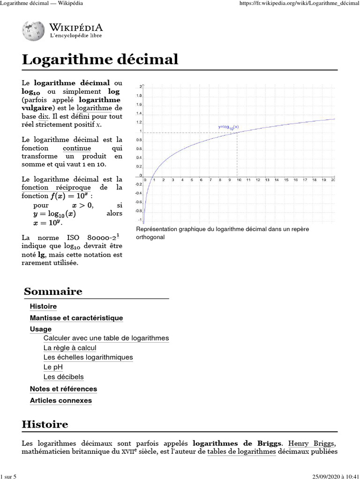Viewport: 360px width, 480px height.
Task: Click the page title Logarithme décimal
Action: click(x=100, y=60)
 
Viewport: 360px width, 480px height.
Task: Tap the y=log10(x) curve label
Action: click(x=228, y=127)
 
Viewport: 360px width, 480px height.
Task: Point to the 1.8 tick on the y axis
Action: click(x=139, y=96)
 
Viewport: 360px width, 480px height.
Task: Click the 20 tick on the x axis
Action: click(x=333, y=180)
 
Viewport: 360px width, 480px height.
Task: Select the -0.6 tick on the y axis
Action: click(x=138, y=202)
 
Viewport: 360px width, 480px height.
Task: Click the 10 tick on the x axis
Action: click(x=239, y=180)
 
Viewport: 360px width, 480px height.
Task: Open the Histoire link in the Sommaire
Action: click(x=43, y=306)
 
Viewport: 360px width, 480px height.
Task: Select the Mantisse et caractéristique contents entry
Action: click(x=76, y=318)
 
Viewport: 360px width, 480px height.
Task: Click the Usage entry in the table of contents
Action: click(x=41, y=329)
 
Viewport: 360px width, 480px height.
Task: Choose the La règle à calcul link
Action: click(x=69, y=347)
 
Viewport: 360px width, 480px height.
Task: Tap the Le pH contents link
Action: click(x=53, y=367)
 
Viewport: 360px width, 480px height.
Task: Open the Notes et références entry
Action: click(x=63, y=389)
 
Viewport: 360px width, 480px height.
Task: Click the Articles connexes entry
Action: click(x=61, y=400)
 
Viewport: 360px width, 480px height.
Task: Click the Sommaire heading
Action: click(x=53, y=291)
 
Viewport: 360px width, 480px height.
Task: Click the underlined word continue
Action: click(x=80, y=148)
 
